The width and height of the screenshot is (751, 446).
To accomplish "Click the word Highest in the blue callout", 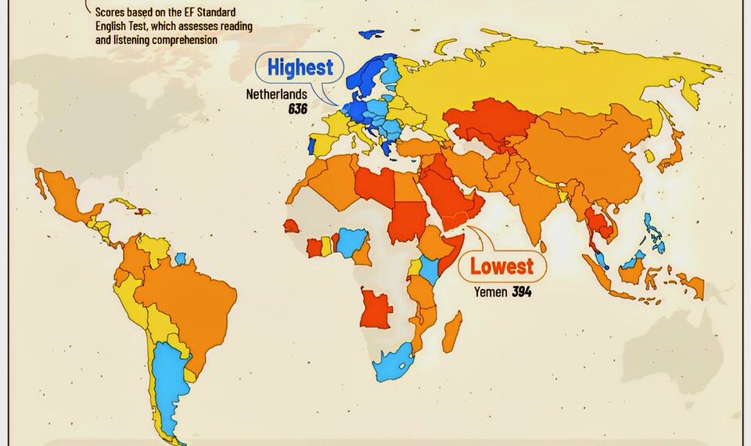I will pos(300,67).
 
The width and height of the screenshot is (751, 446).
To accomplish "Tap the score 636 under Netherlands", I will pos(297,109).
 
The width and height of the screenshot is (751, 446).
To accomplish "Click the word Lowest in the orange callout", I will pos(501,267).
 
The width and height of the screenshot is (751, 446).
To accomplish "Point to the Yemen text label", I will pos(491,293).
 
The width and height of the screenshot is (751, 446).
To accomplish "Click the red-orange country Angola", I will pos(375,308).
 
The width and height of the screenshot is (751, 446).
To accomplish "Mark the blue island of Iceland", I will pos(372,34).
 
